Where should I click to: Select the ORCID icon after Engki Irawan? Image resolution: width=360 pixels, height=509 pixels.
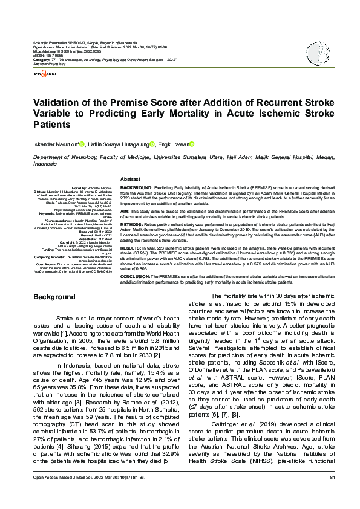coord(192,143)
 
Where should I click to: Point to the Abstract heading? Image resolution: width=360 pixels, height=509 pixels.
coord(131,180)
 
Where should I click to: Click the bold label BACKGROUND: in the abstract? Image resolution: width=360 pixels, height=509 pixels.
coord(137,189)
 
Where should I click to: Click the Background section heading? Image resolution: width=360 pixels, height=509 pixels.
coord(54,297)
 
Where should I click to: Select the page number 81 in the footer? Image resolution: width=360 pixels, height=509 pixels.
coord(332,496)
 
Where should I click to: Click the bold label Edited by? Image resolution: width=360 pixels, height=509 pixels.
coord(80,189)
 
